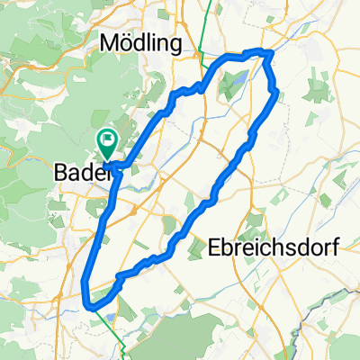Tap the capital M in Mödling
[112, 44]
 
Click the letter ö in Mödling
[128, 44]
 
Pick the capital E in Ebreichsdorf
[214, 248]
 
